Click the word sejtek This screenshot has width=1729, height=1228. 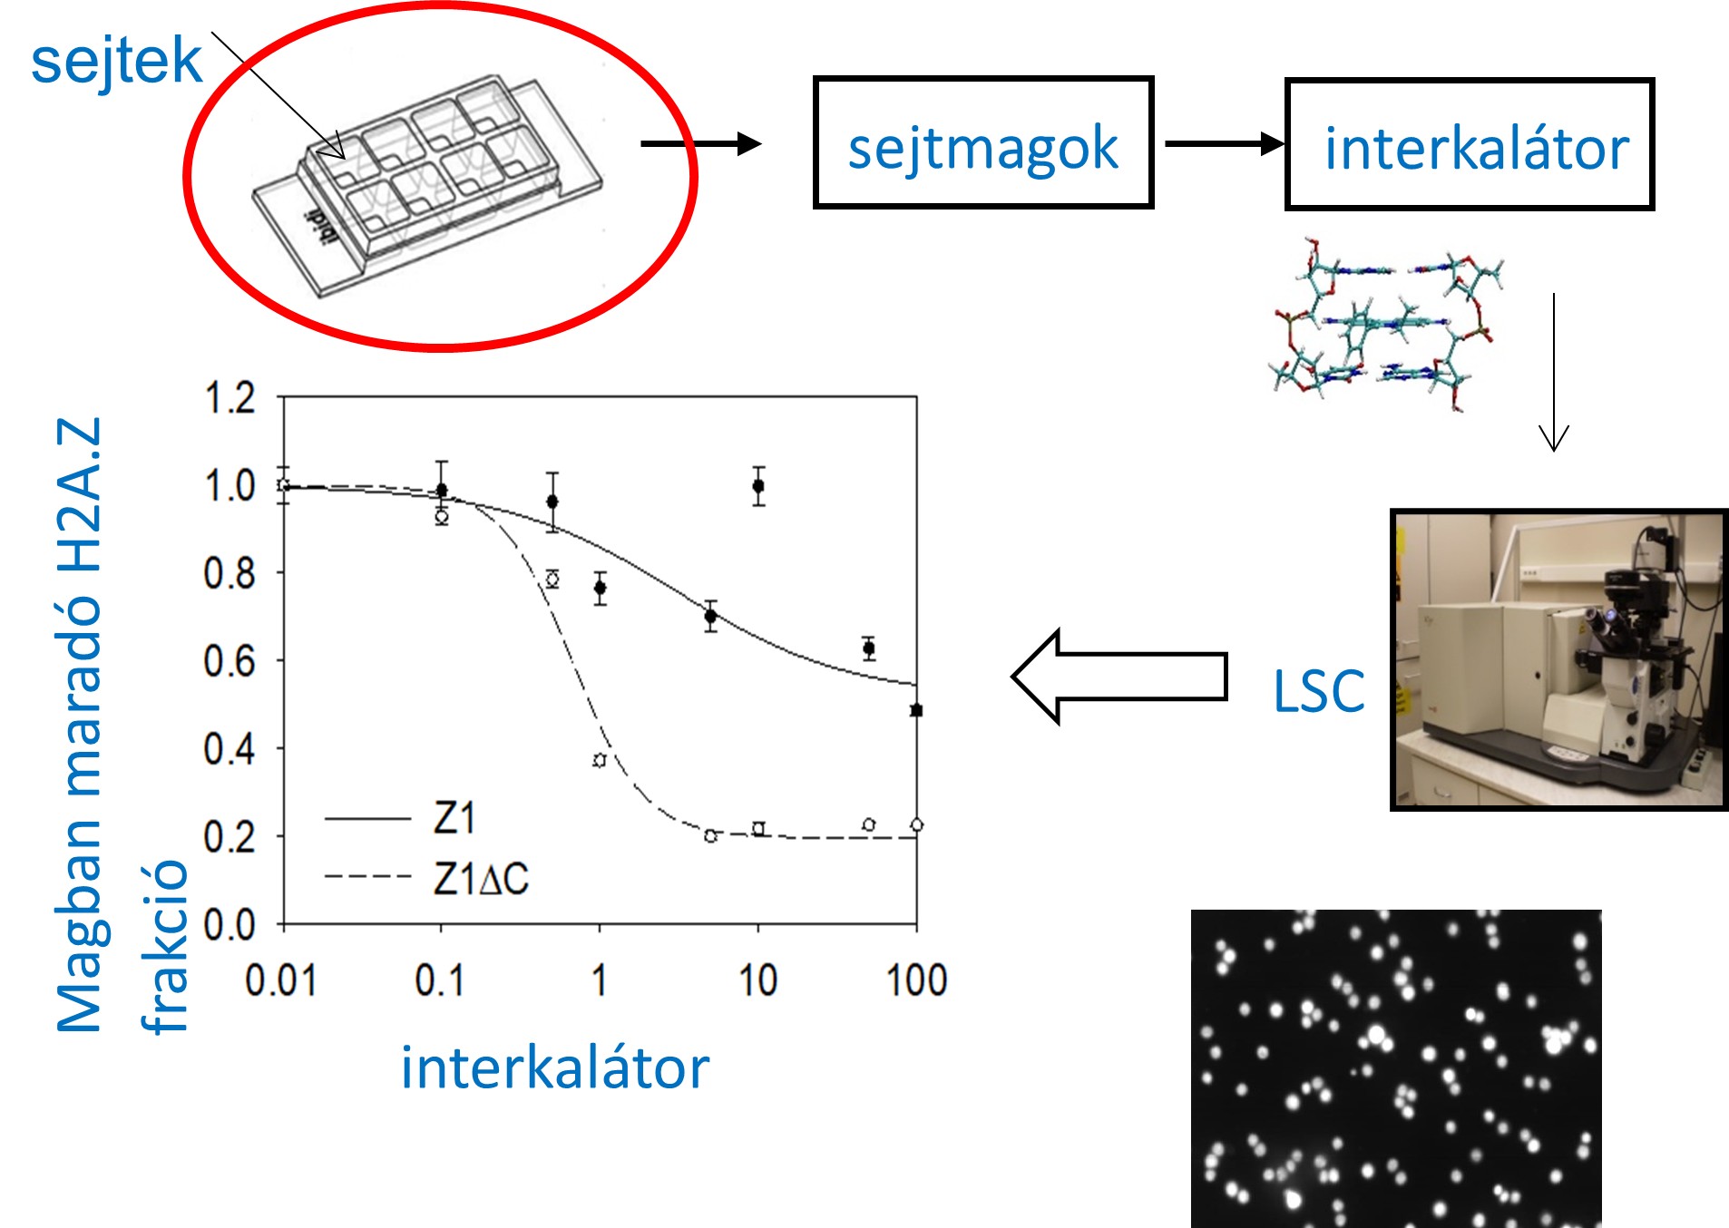[116, 61]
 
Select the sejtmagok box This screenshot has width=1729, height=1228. [983, 143]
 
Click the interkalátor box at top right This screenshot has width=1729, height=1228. [1469, 144]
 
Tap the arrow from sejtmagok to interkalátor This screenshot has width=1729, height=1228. [1224, 143]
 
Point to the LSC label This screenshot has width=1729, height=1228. [1318, 692]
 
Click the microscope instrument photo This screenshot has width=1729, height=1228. [1558, 659]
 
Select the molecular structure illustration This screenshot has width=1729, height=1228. [1385, 325]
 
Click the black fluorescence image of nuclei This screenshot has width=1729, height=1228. [1395, 1067]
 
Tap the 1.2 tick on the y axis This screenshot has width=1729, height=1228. [230, 399]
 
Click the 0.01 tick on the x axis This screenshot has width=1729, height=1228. [281, 980]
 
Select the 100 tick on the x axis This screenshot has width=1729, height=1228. [916, 980]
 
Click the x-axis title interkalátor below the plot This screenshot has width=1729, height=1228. [554, 1067]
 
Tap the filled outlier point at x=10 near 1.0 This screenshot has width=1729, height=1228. [758, 486]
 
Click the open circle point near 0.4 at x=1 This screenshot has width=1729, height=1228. [600, 760]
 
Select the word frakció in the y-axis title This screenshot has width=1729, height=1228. [165, 946]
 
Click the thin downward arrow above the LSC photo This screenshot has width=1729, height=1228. [1553, 372]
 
